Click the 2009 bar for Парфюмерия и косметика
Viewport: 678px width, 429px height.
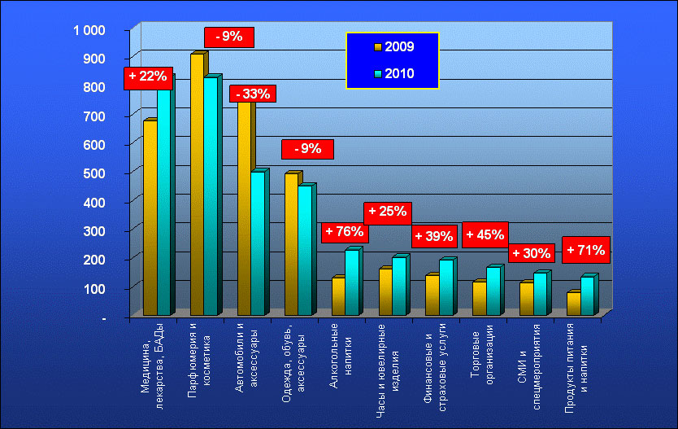[x=197, y=184]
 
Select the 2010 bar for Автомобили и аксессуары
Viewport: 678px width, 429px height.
[x=257, y=243]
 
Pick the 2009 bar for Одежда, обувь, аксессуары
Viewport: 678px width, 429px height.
[x=291, y=244]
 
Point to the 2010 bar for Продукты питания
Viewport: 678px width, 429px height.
[x=587, y=295]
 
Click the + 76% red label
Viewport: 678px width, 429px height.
[x=344, y=232]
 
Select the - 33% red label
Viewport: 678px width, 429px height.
[x=253, y=94]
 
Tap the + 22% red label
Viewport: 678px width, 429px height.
[x=147, y=77]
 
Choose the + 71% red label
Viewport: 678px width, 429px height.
[x=584, y=249]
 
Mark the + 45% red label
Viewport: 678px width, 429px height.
[x=485, y=235]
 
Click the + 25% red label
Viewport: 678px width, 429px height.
[x=387, y=212]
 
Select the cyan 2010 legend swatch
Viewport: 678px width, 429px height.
[x=378, y=74]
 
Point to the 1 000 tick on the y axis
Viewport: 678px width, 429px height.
[x=89, y=30]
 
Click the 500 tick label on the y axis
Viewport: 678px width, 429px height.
[x=95, y=173]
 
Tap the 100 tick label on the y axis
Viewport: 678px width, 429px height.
[x=95, y=288]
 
